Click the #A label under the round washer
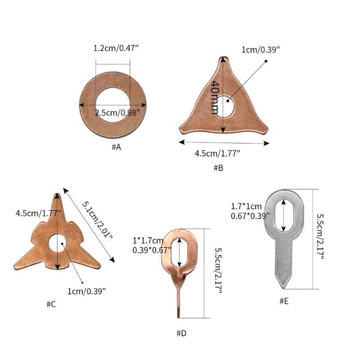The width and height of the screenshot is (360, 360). pos(116,147)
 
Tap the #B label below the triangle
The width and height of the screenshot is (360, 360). pos(218,168)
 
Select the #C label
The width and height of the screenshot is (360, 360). pos(51,304)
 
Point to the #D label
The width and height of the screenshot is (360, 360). pos(181,333)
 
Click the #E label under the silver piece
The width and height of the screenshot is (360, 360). pos(284,301)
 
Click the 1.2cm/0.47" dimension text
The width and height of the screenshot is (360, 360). pos(116,48)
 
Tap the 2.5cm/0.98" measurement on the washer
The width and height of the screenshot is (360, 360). pos(117,113)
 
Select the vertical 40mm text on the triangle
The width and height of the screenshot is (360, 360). pos(215,97)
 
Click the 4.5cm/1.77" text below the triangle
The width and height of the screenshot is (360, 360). pos(217,153)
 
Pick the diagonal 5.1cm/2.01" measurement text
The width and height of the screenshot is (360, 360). pos(98,220)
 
